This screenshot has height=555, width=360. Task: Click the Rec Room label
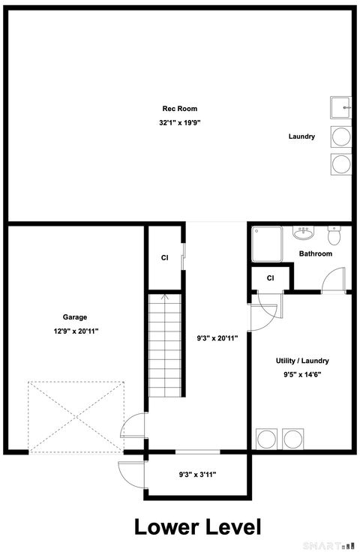(x=180, y=109)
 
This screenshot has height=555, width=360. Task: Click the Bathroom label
(x=316, y=253)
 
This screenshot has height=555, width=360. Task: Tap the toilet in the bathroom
(x=334, y=236)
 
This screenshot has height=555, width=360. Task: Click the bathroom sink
(x=304, y=232)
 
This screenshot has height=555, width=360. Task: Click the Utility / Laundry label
(x=302, y=361)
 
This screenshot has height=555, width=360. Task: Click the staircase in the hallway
(x=165, y=345)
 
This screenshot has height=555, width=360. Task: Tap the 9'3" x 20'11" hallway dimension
(x=216, y=338)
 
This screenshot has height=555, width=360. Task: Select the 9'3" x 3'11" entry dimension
(x=197, y=474)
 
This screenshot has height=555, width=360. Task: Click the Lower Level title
(x=197, y=526)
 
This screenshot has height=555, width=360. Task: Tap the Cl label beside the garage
(x=164, y=257)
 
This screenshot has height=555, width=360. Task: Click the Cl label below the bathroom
(x=270, y=279)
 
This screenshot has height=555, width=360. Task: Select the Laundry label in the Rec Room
(x=301, y=136)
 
